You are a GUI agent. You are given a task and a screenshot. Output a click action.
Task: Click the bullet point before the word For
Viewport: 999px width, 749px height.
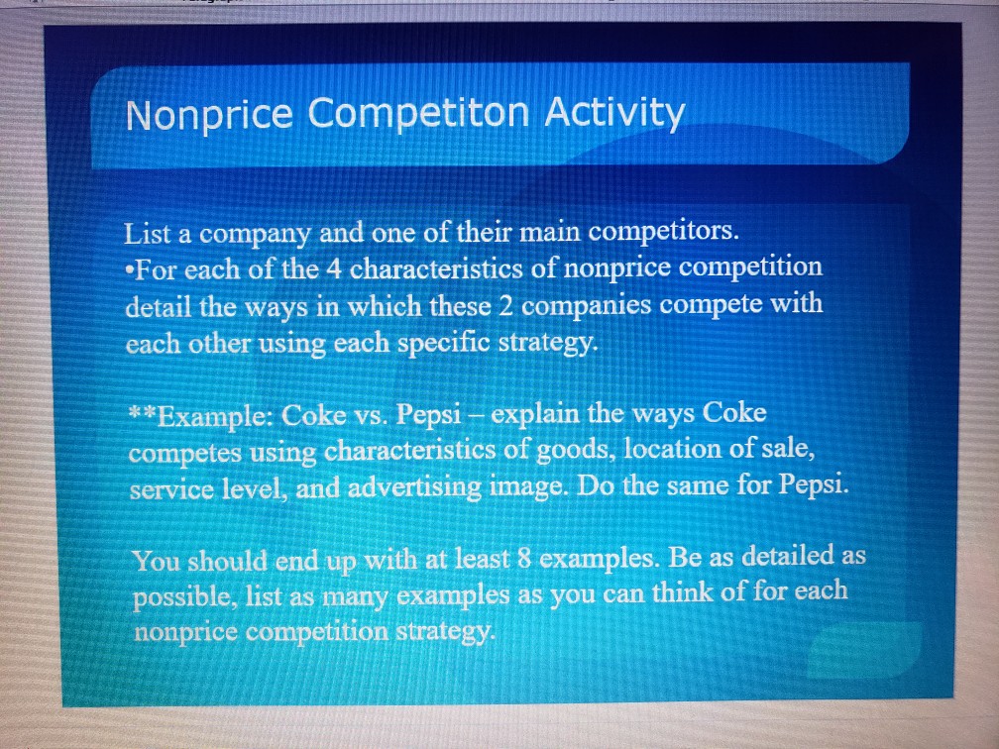[x=129, y=270]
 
